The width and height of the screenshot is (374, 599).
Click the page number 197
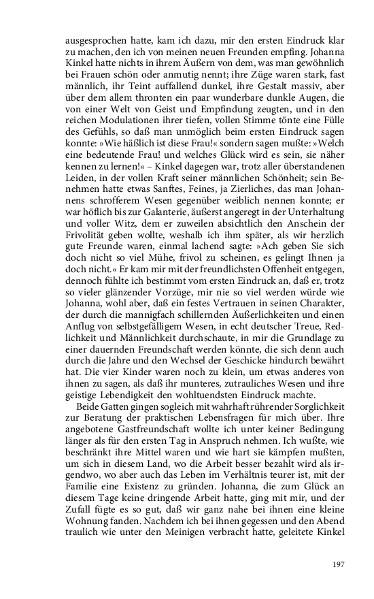coord(339,564)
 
